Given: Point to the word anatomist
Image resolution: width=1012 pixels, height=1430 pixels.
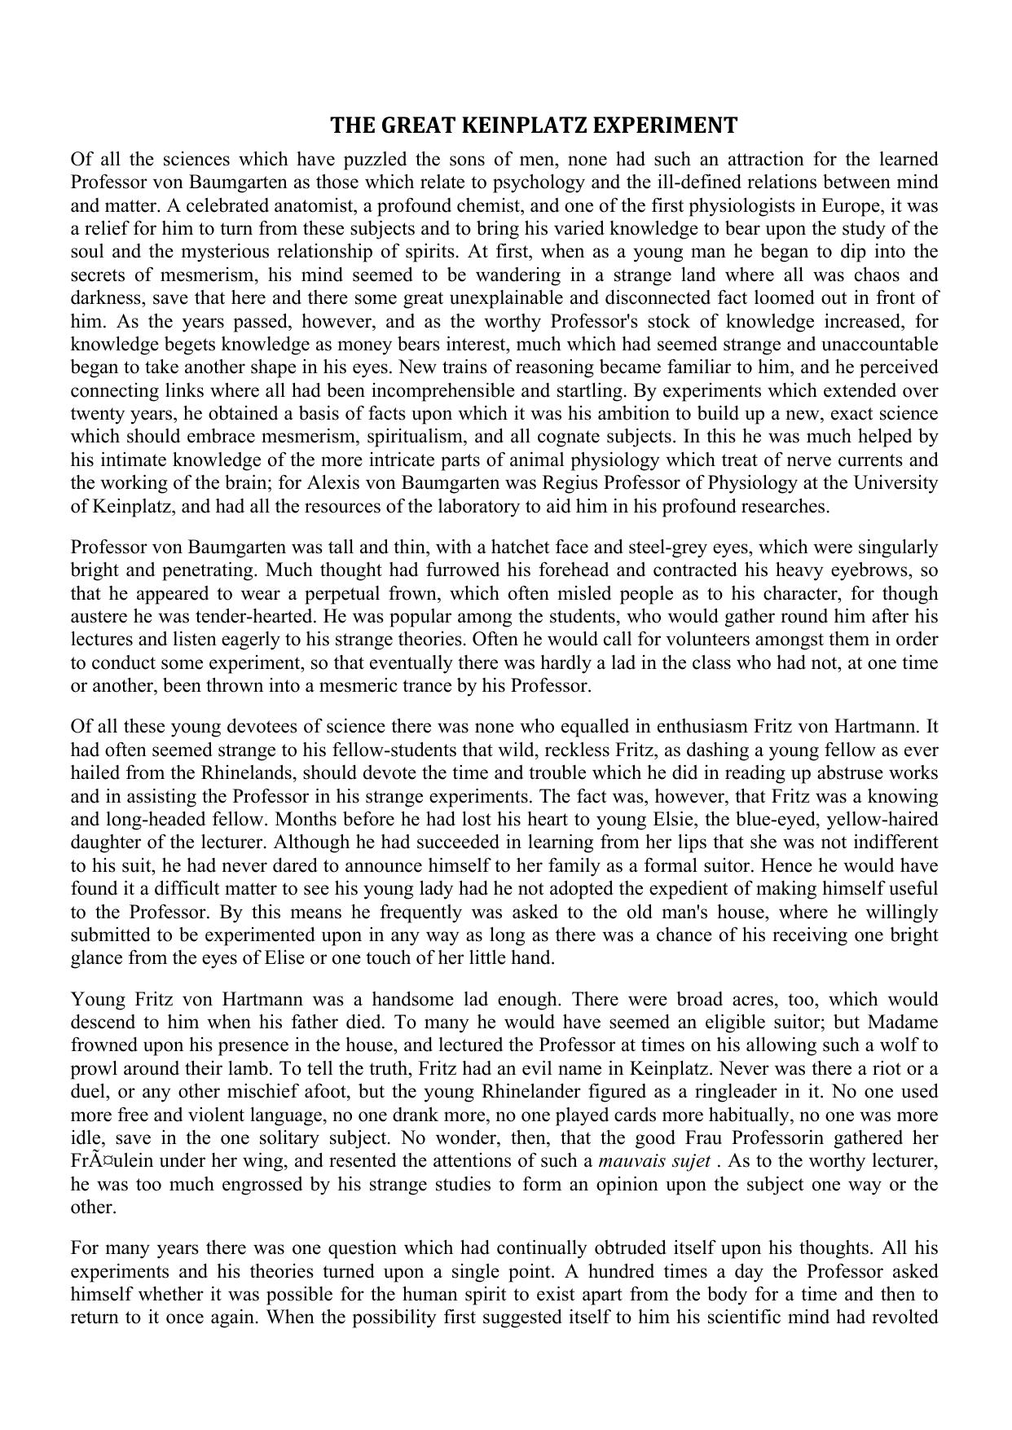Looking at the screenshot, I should pos(293,205).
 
